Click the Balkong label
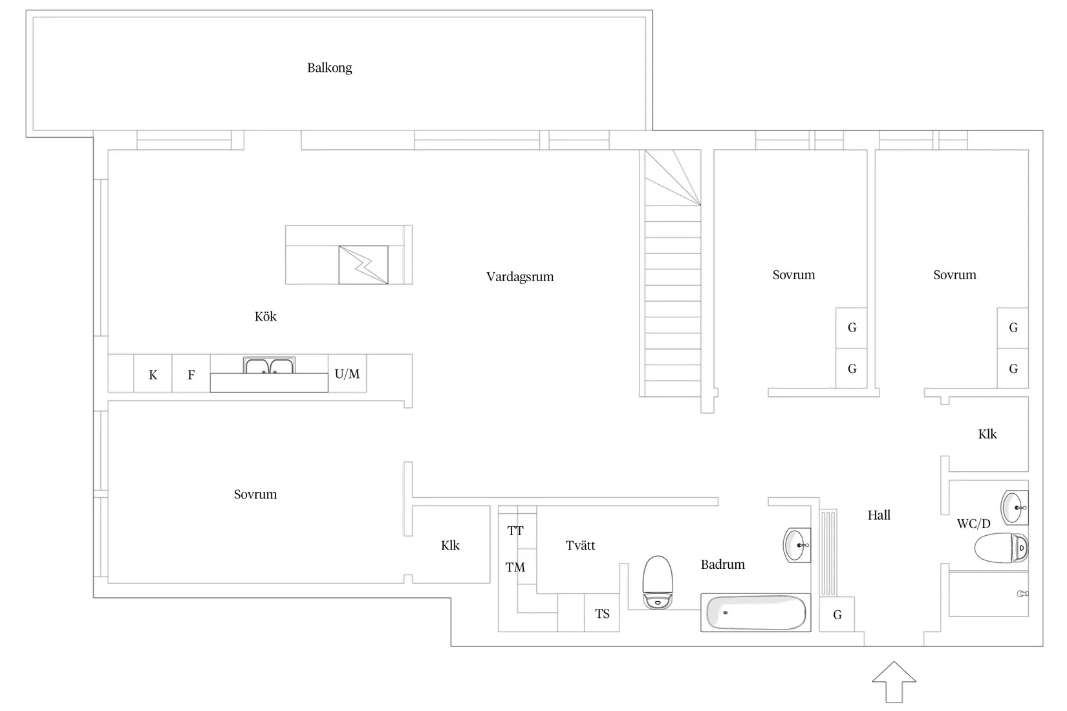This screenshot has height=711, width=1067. coord(329,68)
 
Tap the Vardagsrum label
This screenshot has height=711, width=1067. coord(520,277)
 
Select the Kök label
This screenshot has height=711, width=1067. coord(265,316)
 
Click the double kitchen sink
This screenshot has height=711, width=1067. coord(269,365)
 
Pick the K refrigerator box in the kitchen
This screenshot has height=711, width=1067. coord(153,374)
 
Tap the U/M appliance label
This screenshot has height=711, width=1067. coord(347,374)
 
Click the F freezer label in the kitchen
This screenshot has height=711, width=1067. coord(191,375)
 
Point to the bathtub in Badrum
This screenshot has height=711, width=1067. coord(755,613)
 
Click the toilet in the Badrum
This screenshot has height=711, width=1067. coord(658,582)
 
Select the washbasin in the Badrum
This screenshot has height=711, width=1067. coord(797,545)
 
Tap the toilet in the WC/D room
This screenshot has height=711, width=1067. coord(1001,547)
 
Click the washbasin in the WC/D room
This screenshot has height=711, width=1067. coord(1014,507)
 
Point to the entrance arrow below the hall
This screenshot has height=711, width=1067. coord(894,682)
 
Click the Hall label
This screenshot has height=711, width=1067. coord(879,515)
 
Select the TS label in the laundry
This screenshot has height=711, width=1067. coord(602,614)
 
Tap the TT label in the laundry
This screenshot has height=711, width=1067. coord(515,531)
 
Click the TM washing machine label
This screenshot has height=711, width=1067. coord(515,567)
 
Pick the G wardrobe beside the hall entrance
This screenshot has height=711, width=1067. coord(837,614)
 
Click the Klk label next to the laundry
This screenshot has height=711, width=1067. coord(450,546)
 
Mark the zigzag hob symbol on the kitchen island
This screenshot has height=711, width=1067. coord(363,265)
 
